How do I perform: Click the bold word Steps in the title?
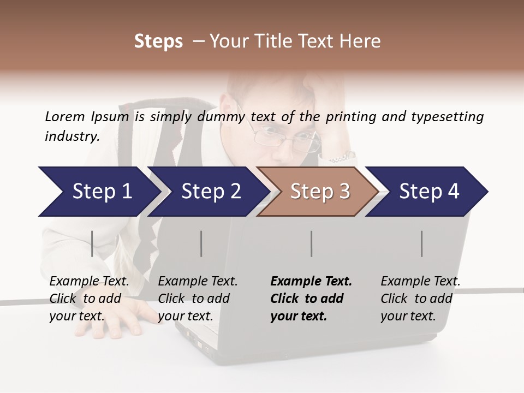[x=158, y=41]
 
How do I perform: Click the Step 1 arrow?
[x=98, y=192]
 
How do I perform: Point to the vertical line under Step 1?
[x=92, y=243]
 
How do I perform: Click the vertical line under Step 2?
[x=201, y=243]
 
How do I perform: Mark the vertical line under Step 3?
[x=311, y=243]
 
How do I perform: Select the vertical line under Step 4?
[x=421, y=243]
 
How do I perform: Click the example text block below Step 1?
[x=89, y=299]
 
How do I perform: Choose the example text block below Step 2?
[x=198, y=299]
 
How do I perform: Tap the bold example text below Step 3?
[x=311, y=299]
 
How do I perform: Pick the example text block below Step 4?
[x=420, y=299]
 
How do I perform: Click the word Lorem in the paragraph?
[x=64, y=116]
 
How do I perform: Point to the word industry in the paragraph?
[x=72, y=136]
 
